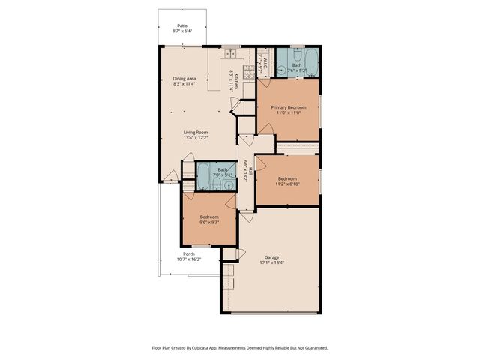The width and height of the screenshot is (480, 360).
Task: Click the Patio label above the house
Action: tap(182, 25)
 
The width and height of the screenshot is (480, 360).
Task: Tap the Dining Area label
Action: tap(184, 78)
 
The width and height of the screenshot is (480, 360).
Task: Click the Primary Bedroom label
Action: tap(289, 107)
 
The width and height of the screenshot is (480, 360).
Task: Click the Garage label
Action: tap(271, 256)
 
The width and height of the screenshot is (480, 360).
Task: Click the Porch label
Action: tap(188, 253)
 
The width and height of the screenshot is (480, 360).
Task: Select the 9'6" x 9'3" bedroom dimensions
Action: tap(209, 222)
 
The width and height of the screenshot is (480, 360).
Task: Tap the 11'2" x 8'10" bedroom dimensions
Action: tap(288, 184)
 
